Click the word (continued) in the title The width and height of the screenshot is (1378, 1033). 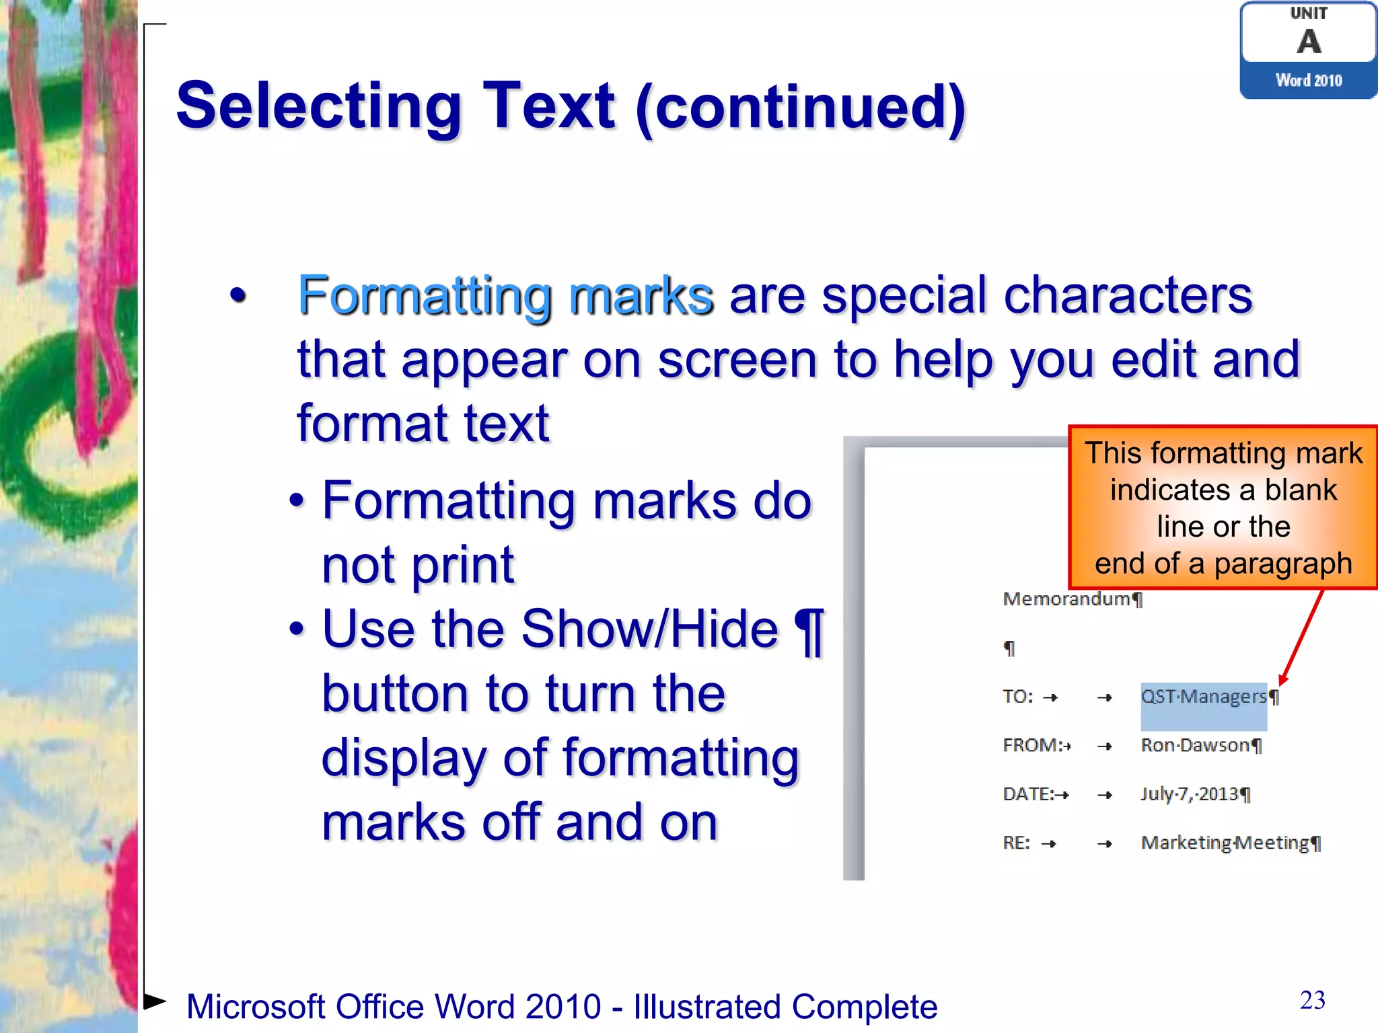pyautogui.click(x=801, y=108)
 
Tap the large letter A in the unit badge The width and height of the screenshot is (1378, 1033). pyautogui.click(x=1309, y=42)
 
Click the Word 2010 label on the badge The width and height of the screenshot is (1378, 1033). pyautogui.click(x=1309, y=81)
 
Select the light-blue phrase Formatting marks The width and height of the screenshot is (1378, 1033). pyautogui.click(x=505, y=295)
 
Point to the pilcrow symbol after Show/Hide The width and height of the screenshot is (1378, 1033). pyautogui.click(x=809, y=631)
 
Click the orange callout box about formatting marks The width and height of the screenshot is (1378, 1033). pyautogui.click(x=1223, y=508)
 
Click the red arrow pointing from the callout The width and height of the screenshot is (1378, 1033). pyautogui.click(x=1303, y=636)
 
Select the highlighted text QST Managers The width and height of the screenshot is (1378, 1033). pyautogui.click(x=1204, y=697)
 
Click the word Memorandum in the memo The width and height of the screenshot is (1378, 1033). pyautogui.click(x=1066, y=599)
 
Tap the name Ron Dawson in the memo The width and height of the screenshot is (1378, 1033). pyautogui.click(x=1195, y=746)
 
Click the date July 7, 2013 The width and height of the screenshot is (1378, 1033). pyautogui.click(x=1190, y=795)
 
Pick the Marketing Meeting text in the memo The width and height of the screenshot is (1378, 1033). pyautogui.click(x=1225, y=843)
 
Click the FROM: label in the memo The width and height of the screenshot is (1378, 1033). pyautogui.click(x=1032, y=746)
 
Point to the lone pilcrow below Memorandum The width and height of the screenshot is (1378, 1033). pyautogui.click(x=1009, y=648)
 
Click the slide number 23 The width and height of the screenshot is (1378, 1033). pyautogui.click(x=1313, y=1000)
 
